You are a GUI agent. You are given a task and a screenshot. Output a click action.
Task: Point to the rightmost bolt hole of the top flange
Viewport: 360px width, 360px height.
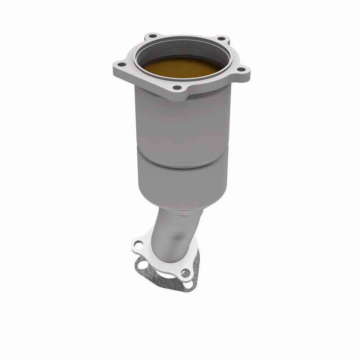pos(242,69)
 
